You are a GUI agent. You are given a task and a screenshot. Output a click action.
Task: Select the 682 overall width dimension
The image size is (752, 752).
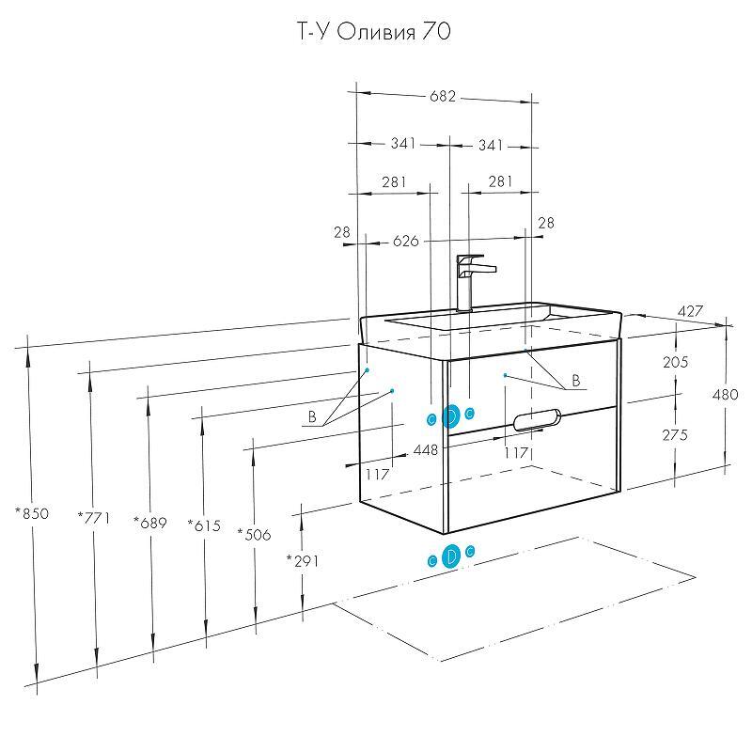coord(443,96)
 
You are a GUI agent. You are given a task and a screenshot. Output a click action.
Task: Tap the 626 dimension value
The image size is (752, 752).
coord(405,242)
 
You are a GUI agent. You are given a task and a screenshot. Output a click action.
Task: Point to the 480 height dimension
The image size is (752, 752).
coord(726,395)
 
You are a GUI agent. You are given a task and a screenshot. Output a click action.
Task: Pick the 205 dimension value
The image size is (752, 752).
coord(675,362)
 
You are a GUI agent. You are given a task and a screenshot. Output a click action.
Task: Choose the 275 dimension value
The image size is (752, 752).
coord(675,435)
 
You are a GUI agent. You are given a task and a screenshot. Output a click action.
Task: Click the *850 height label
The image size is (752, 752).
coord(31,514)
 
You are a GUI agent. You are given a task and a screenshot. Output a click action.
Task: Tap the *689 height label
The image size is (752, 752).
coord(149,523)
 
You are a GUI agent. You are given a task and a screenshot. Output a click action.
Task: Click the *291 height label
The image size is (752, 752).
coord(303,561)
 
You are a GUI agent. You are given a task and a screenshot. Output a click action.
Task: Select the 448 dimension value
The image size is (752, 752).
coord(426,450)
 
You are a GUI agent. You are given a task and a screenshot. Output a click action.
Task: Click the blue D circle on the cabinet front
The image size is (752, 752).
coord(450,415)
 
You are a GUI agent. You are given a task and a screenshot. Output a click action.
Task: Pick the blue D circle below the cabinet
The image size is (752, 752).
coord(450,556)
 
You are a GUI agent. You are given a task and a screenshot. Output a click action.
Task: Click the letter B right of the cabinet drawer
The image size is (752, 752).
coord(576,381)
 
